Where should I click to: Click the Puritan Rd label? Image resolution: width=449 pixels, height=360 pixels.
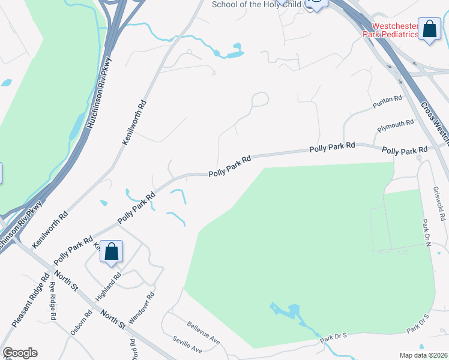(x=386, y=100)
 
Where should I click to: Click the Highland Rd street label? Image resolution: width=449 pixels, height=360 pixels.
(x=109, y=287)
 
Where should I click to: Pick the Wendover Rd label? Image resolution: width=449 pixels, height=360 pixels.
(x=141, y=308)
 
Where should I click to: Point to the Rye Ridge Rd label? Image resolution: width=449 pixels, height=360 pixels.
(x=53, y=300)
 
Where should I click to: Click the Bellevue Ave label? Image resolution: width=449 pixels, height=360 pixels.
(x=203, y=333)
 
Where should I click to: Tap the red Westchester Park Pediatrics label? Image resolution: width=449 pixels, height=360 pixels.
(x=391, y=30)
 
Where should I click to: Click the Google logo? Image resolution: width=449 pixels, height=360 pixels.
(x=19, y=353)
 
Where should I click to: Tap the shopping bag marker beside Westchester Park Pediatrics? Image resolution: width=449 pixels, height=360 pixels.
(x=429, y=29)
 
